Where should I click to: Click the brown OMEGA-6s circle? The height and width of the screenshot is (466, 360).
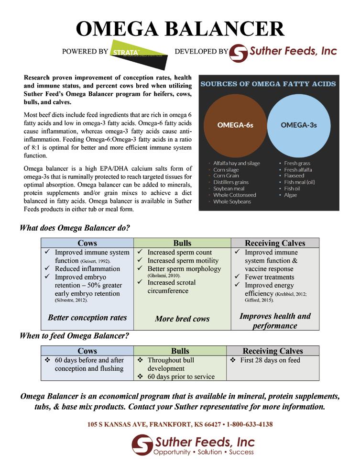(x=235, y=125)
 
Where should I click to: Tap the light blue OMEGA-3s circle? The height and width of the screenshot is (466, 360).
(x=298, y=125)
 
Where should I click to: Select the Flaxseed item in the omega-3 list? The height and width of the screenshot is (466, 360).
(x=294, y=176)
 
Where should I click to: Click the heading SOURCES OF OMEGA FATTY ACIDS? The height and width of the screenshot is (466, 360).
(x=268, y=84)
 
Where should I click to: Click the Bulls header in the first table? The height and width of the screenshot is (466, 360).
(x=182, y=243)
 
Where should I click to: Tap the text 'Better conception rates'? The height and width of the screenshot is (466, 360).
(x=87, y=317)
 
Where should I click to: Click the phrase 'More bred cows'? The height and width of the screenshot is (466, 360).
(x=182, y=319)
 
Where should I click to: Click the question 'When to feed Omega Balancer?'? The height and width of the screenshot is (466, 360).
(x=74, y=336)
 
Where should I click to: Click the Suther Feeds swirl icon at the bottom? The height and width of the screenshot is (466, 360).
(x=142, y=444)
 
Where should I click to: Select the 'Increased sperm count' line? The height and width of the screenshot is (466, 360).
(x=179, y=252)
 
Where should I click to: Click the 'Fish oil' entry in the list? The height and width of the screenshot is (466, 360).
(x=293, y=189)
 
